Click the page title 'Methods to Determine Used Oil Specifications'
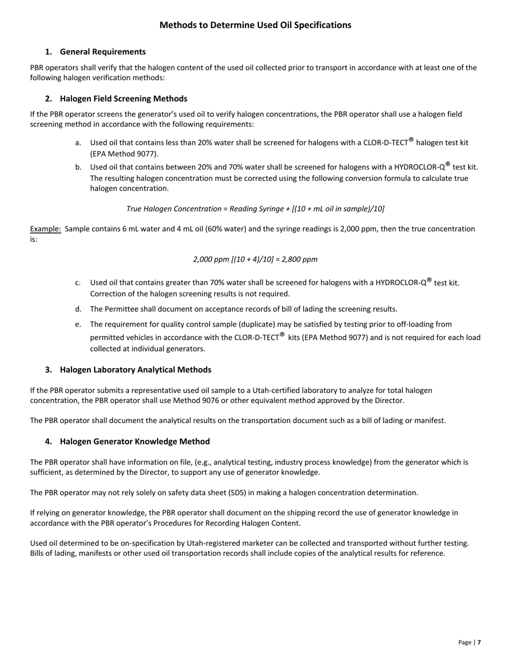256,25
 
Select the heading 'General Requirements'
103,52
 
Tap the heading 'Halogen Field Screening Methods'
124,98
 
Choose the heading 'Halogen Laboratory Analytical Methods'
136,370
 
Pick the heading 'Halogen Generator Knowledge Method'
135,441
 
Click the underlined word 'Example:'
46,229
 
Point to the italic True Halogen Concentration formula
256,209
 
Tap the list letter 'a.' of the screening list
79,143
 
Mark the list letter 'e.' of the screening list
79,325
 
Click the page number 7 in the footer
479,642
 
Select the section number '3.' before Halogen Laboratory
49,370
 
